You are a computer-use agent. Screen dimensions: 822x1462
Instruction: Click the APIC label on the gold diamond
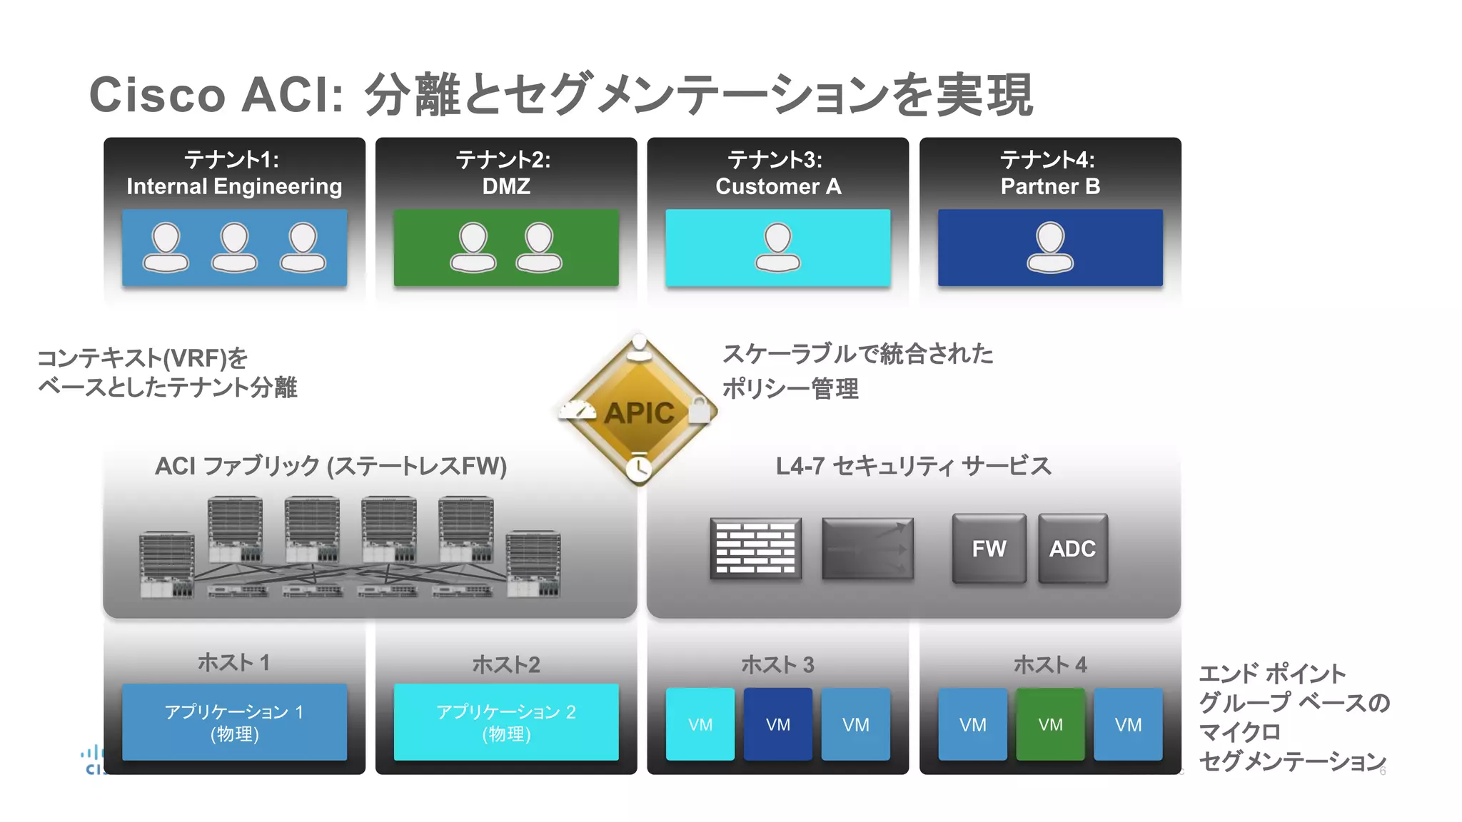[x=639, y=413]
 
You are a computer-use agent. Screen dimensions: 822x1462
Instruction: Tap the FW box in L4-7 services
[x=989, y=549]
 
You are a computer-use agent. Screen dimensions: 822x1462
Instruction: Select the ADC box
[x=1072, y=549]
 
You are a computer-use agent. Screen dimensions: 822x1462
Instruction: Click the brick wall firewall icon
[x=755, y=549]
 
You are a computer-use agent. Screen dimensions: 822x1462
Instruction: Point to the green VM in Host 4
[x=1050, y=724]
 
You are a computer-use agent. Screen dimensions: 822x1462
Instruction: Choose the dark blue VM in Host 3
[x=777, y=724]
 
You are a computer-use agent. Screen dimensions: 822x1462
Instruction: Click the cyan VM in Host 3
[x=700, y=724]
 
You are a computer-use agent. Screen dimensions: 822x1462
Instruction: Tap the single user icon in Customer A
[x=777, y=247]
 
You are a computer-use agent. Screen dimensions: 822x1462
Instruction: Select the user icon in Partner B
[x=1049, y=247]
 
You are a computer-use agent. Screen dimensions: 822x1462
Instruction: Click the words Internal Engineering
[x=234, y=187]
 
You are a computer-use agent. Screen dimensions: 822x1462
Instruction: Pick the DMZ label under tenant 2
[x=506, y=187]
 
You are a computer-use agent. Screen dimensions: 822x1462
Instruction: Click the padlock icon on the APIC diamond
[x=699, y=410]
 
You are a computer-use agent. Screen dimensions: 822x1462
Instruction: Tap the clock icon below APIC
[x=639, y=467]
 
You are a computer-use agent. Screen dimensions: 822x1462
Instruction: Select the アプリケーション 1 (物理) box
[x=234, y=722]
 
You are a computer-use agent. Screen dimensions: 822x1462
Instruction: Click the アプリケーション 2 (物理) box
[x=506, y=722]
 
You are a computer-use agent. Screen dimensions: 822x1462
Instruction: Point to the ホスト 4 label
[x=1050, y=665]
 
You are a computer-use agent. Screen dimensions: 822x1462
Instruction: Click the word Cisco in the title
[x=157, y=95]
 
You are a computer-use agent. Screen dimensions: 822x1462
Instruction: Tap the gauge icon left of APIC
[x=578, y=410]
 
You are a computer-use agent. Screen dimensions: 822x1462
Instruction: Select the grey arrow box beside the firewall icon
[x=867, y=549]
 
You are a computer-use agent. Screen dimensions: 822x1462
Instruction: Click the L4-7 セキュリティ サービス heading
[x=913, y=467]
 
